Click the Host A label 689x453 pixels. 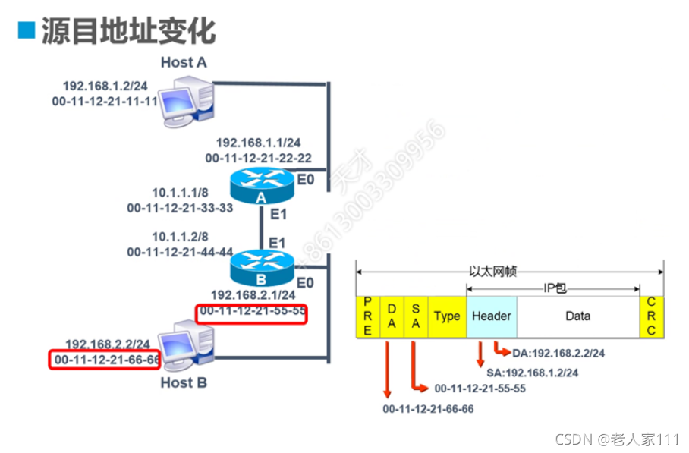click(x=184, y=62)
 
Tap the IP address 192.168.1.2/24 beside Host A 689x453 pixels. click(x=105, y=86)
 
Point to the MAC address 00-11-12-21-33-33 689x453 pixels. click(x=180, y=207)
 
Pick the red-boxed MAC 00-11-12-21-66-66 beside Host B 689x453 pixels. click(x=105, y=359)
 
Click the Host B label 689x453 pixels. click(x=184, y=382)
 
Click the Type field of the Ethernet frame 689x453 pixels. click(x=447, y=316)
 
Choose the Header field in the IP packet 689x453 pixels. click(x=491, y=316)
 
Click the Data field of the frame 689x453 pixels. click(x=577, y=316)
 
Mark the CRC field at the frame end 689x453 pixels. click(x=653, y=316)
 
